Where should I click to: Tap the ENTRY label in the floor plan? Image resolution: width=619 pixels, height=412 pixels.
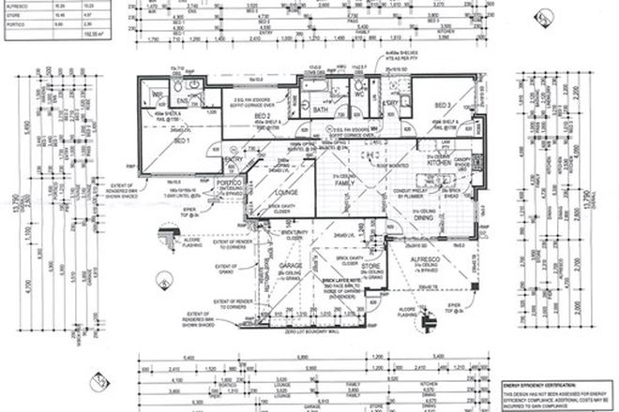click(234, 160)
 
